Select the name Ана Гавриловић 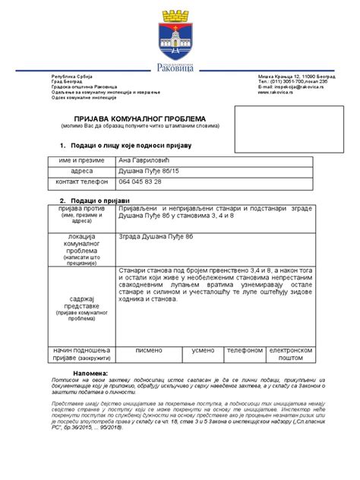145,161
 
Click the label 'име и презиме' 81,161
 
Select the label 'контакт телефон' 81,183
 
